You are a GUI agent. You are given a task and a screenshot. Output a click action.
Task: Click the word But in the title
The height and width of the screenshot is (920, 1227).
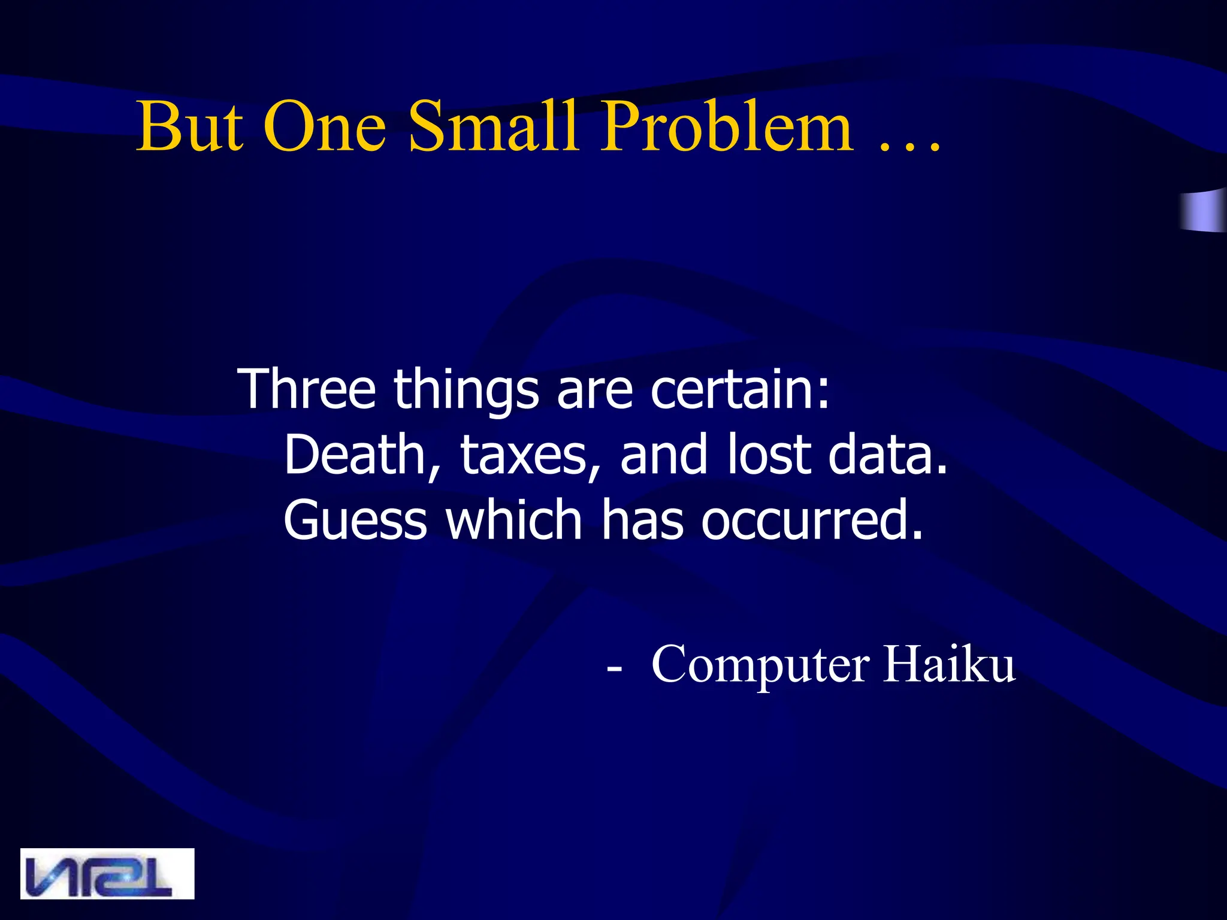[190, 126]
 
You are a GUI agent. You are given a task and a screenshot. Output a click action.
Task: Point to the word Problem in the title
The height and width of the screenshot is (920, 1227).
[727, 126]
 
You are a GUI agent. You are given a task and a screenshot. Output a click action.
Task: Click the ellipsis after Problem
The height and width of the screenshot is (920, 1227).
[909, 144]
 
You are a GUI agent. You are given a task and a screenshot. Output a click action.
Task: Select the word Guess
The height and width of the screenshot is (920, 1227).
[355, 520]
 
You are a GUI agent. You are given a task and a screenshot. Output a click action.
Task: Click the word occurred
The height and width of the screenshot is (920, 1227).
[812, 520]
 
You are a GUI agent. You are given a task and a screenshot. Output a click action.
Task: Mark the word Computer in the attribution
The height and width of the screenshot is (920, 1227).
[760, 665]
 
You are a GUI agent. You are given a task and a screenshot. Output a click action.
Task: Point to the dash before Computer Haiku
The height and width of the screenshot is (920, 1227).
[613, 667]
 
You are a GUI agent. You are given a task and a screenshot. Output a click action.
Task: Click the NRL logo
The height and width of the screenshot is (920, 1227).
[107, 873]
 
